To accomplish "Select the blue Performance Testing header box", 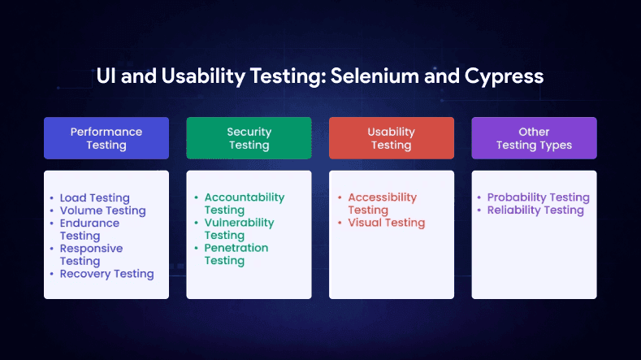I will pyautogui.click(x=106, y=138).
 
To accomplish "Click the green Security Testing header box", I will pyautogui.click(x=249, y=138).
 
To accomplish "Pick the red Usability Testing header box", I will pyautogui.click(x=391, y=138).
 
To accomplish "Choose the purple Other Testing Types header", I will pyautogui.click(x=534, y=138).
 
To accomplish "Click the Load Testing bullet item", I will pyautogui.click(x=94, y=197).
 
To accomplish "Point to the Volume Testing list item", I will pyautogui.click(x=102, y=210).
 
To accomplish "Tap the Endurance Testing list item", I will pyautogui.click(x=89, y=229).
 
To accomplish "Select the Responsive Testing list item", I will pyautogui.click(x=91, y=254).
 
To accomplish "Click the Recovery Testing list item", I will pyautogui.click(x=106, y=274).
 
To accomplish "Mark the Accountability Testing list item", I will pyautogui.click(x=244, y=203).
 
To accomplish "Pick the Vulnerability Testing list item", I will pyautogui.click(x=239, y=228).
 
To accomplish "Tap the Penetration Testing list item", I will pyautogui.click(x=236, y=254).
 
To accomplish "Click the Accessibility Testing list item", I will pyautogui.click(x=382, y=203).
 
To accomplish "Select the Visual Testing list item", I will pyautogui.click(x=386, y=223).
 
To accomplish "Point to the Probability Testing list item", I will pyautogui.click(x=538, y=197).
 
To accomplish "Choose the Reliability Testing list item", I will pyautogui.click(x=535, y=210).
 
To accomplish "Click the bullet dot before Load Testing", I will pyautogui.click(x=52, y=198).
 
